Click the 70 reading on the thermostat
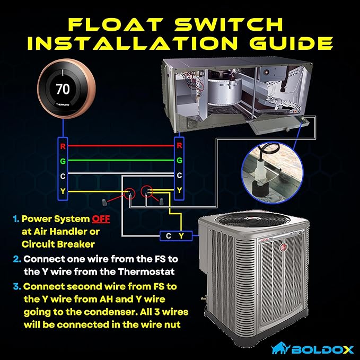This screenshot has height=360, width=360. pyautogui.click(x=63, y=89)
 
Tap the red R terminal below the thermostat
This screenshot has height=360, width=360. pyautogui.click(x=63, y=146)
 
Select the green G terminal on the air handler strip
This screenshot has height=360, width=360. pyautogui.click(x=179, y=160)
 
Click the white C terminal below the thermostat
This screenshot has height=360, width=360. pyautogui.click(x=63, y=176)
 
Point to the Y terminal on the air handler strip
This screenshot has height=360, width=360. pyautogui.click(x=179, y=190)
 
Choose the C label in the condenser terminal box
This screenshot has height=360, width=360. pyautogui.click(x=168, y=236)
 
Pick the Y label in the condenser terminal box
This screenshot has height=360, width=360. pyautogui.click(x=181, y=236)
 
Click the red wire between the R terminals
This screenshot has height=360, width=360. pyautogui.click(x=121, y=146)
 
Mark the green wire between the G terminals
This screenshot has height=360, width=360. pyautogui.click(x=121, y=160)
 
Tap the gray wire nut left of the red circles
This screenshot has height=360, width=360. pyautogui.click(x=104, y=202)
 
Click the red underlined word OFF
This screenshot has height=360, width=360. pyautogui.click(x=101, y=219)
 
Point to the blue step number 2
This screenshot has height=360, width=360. pyautogui.click(x=17, y=259)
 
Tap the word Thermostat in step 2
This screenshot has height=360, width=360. pyautogui.click(x=146, y=272)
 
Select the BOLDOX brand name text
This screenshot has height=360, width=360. pyautogui.click(x=322, y=350)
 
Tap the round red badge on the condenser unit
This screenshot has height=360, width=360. pyautogui.click(x=283, y=248)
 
